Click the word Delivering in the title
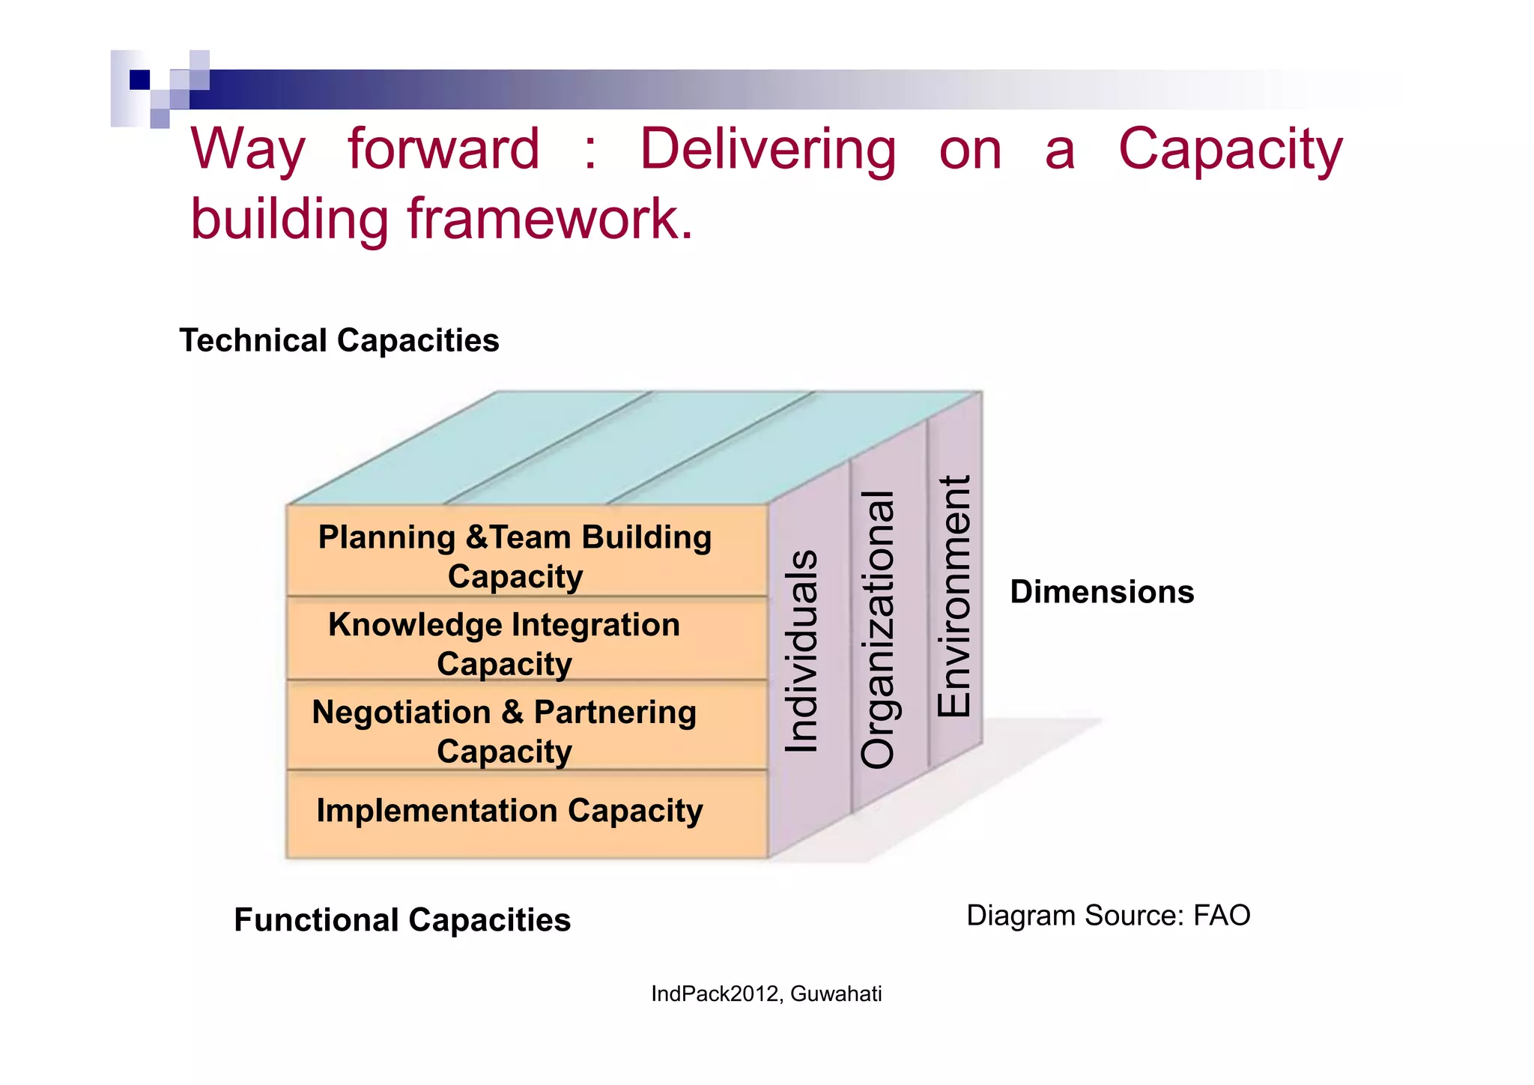[767, 149]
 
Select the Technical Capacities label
[339, 340]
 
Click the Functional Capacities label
[402, 919]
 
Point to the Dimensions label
[1101, 592]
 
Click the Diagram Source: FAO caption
[1108, 916]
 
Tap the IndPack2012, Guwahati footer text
[766, 994]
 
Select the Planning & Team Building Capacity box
[515, 556]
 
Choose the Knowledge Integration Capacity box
[504, 643]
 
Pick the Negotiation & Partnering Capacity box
[504, 731]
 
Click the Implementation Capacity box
[509, 812]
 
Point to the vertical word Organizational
[878, 629]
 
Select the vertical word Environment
[954, 596]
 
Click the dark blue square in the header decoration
[139, 79]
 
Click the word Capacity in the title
[1230, 149]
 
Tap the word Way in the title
[248, 149]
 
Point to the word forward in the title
[443, 149]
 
